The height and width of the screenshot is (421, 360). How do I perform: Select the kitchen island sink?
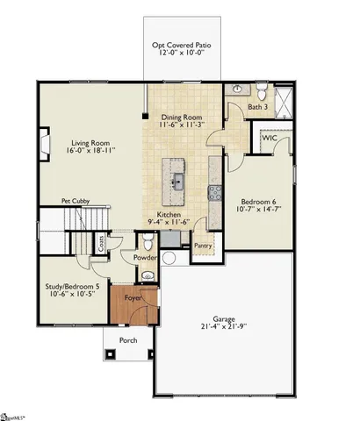[x=177, y=182]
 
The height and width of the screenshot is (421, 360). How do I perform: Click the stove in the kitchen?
[x=210, y=194]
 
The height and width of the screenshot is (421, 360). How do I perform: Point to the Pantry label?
[x=203, y=246]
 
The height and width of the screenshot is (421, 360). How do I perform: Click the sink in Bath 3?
[x=237, y=89]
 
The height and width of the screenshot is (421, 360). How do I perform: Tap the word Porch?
[x=128, y=339]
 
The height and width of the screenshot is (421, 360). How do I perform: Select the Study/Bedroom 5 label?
[x=73, y=286]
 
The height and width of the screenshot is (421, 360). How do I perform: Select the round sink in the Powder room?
[x=147, y=275]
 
